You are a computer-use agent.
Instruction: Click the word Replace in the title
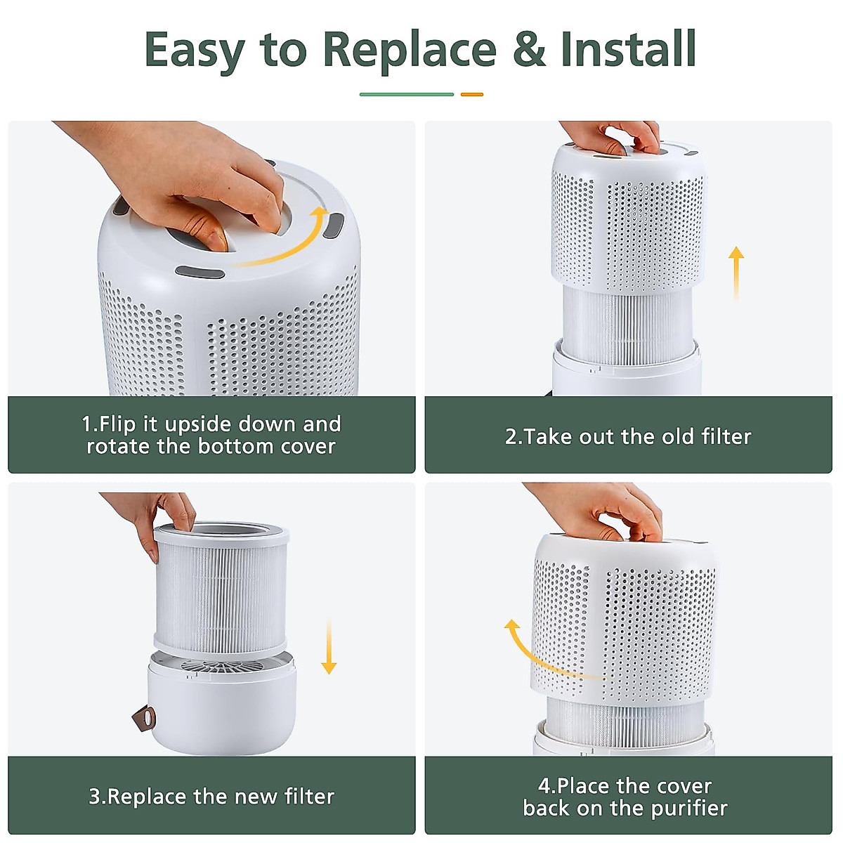(410, 51)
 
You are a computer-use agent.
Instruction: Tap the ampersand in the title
(529, 49)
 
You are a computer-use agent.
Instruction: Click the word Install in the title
(629, 48)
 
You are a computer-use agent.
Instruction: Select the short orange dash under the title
(471, 95)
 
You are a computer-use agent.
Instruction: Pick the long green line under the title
(407, 95)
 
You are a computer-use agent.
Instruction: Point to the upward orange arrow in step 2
(736, 274)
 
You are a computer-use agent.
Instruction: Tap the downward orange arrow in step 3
(329, 646)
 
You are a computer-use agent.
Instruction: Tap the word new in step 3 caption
(257, 797)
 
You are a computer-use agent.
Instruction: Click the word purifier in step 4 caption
(688, 809)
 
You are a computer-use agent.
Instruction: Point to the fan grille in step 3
(223, 666)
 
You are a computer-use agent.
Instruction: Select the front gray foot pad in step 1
(200, 273)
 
